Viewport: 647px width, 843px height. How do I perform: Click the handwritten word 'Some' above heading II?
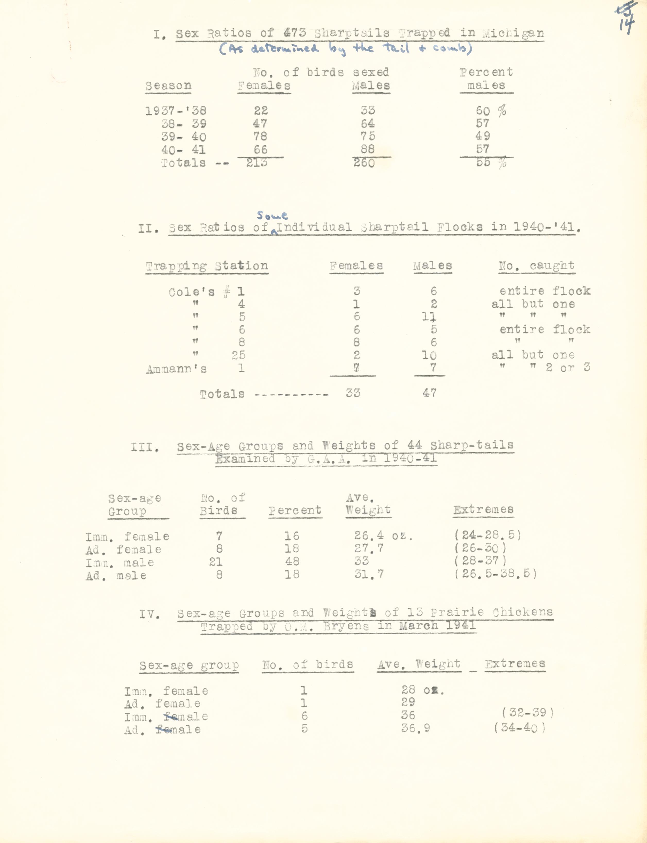click(272, 215)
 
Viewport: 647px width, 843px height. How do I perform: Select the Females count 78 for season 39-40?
click(260, 136)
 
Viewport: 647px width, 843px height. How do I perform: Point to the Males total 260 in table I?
click(364, 163)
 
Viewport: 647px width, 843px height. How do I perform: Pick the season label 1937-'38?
click(176, 111)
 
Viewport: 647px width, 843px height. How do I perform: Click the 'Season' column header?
click(168, 86)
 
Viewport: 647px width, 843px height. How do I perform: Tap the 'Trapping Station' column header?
click(207, 266)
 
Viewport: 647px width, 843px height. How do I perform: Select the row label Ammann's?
click(176, 369)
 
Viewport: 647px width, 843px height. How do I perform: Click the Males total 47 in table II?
click(429, 393)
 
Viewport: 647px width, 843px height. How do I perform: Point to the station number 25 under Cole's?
click(239, 355)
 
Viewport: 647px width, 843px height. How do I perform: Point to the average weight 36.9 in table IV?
click(415, 728)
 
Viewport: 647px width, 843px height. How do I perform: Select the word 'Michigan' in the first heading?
click(513, 33)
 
